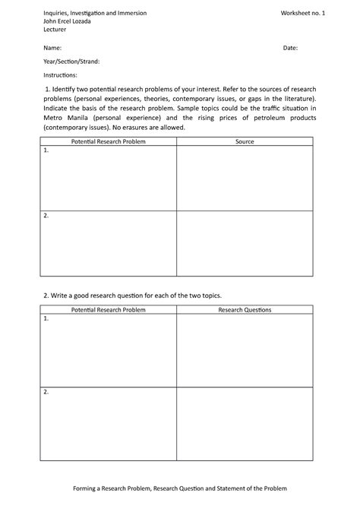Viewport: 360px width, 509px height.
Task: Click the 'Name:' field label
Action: click(x=52, y=48)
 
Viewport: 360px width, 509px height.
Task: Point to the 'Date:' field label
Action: click(x=290, y=48)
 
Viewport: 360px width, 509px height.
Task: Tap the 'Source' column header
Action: click(x=245, y=141)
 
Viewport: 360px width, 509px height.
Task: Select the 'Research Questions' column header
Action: click(x=245, y=310)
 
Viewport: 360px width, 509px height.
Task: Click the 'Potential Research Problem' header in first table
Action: click(x=108, y=141)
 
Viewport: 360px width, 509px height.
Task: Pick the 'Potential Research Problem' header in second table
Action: click(x=108, y=310)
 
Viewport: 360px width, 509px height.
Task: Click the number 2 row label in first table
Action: click(x=46, y=216)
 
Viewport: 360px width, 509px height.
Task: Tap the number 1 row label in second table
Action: click(x=46, y=319)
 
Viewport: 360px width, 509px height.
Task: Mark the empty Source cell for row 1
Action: click(x=245, y=178)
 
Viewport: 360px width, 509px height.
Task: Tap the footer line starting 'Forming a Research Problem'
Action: click(x=180, y=488)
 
